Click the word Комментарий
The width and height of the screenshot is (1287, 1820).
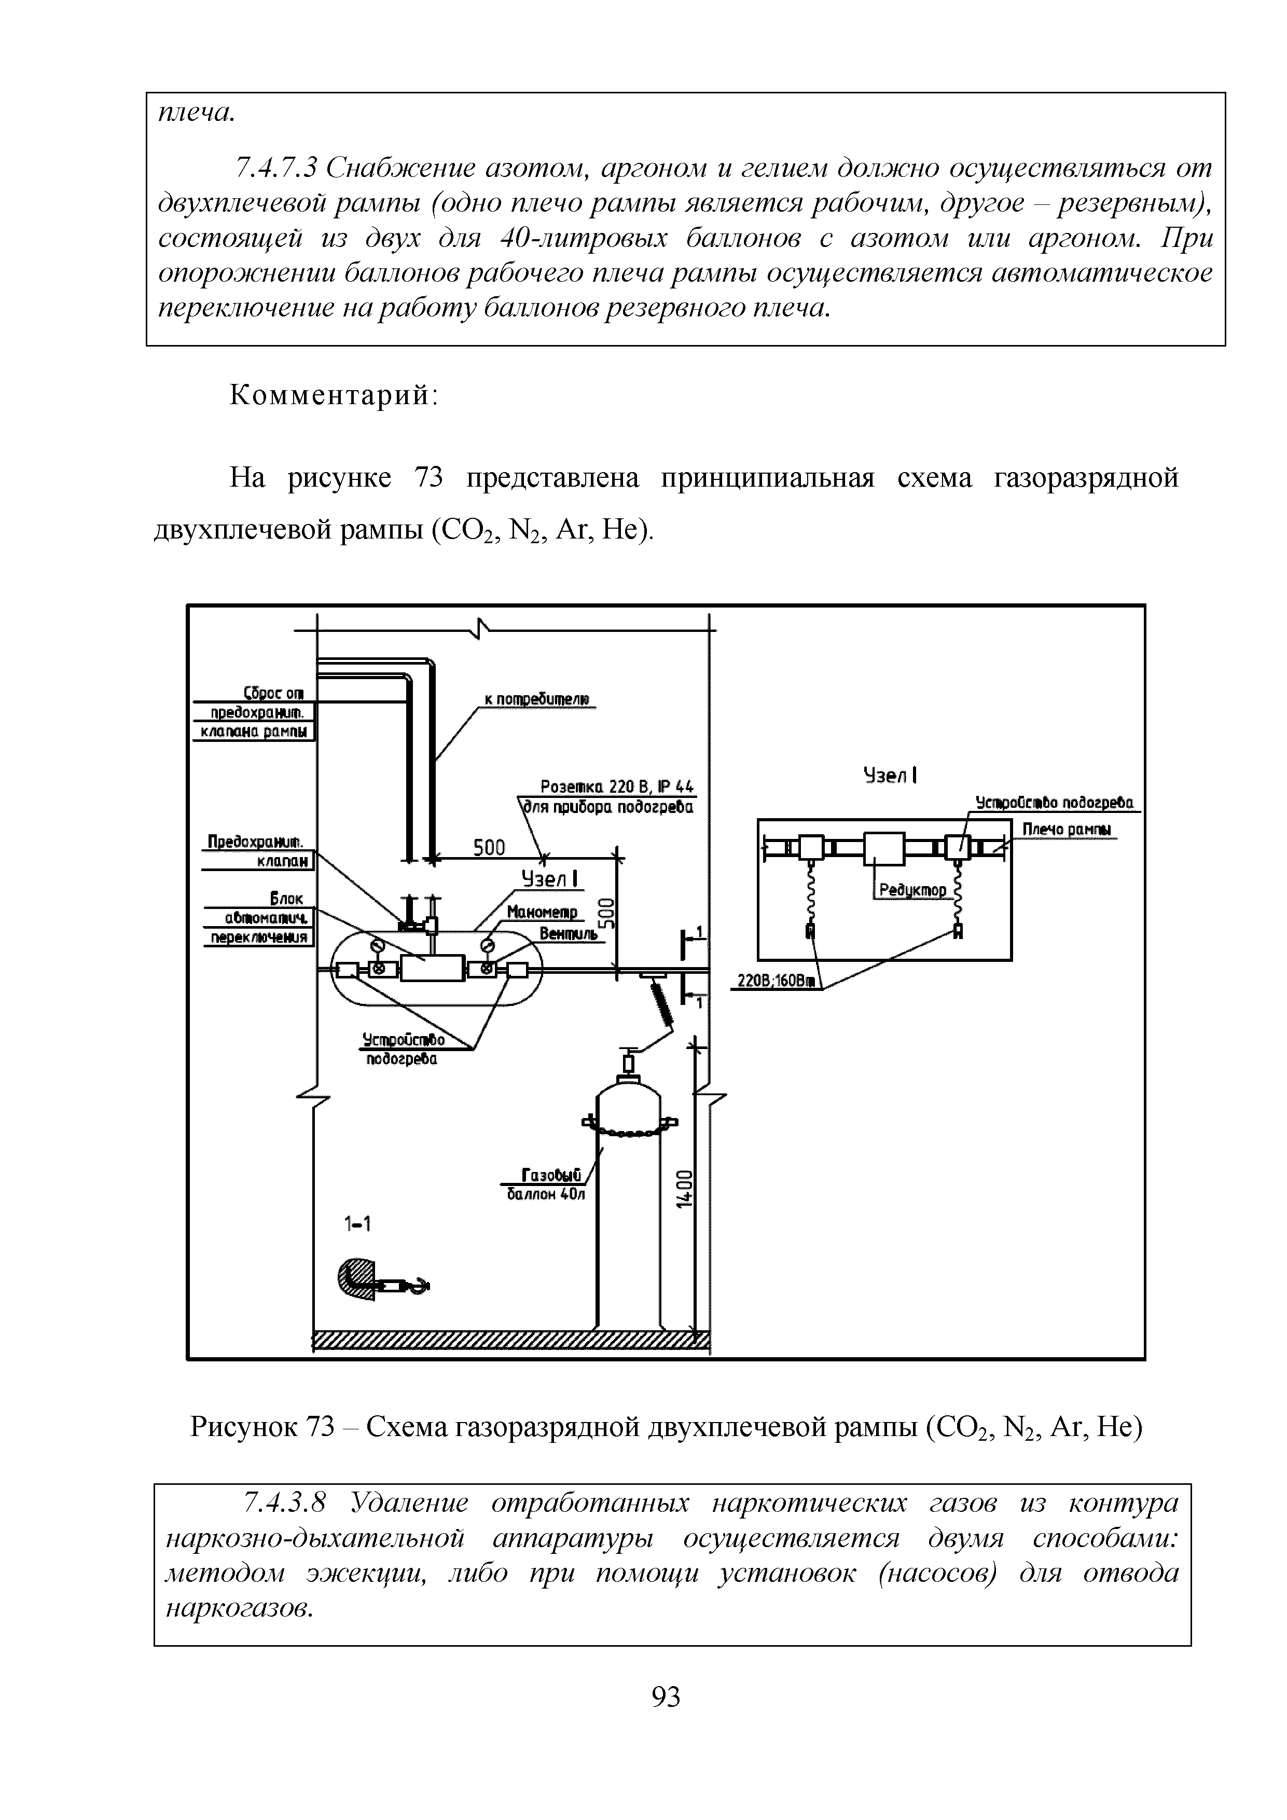[334, 395]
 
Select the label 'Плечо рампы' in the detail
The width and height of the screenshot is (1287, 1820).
[1065, 829]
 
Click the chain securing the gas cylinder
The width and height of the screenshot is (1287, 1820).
[630, 1134]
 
